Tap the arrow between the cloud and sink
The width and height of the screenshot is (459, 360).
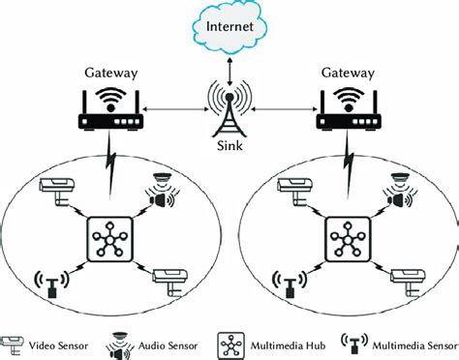click(229, 61)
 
